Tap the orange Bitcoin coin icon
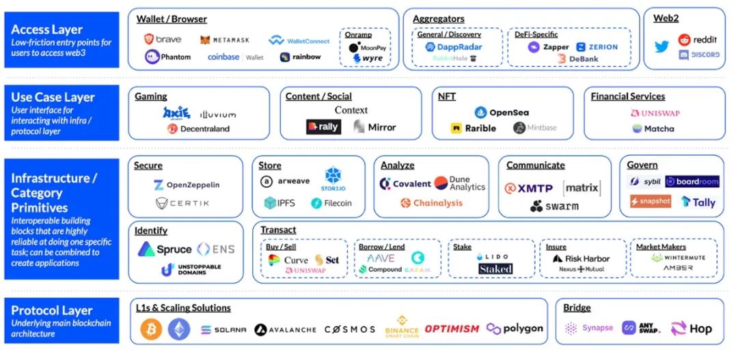pyautogui.click(x=151, y=329)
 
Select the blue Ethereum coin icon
pyautogui.click(x=179, y=329)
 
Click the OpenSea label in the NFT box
pyautogui.click(x=502, y=112)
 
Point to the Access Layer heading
pyautogui.click(x=46, y=29)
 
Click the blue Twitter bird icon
pyautogui.click(x=661, y=47)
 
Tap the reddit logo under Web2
pyautogui.click(x=698, y=40)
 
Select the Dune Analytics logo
pyautogui.click(x=460, y=183)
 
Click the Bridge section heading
pyautogui.click(x=577, y=308)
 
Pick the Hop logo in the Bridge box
pyautogui.click(x=692, y=329)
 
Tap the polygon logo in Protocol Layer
pyautogui.click(x=515, y=329)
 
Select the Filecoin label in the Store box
pyautogui.click(x=331, y=203)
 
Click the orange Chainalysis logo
pyautogui.click(x=431, y=203)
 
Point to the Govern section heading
pyautogui.click(x=642, y=165)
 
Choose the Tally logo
pyautogui.click(x=698, y=202)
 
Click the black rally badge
pyautogui.click(x=323, y=127)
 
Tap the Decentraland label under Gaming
pyautogui.click(x=198, y=128)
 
